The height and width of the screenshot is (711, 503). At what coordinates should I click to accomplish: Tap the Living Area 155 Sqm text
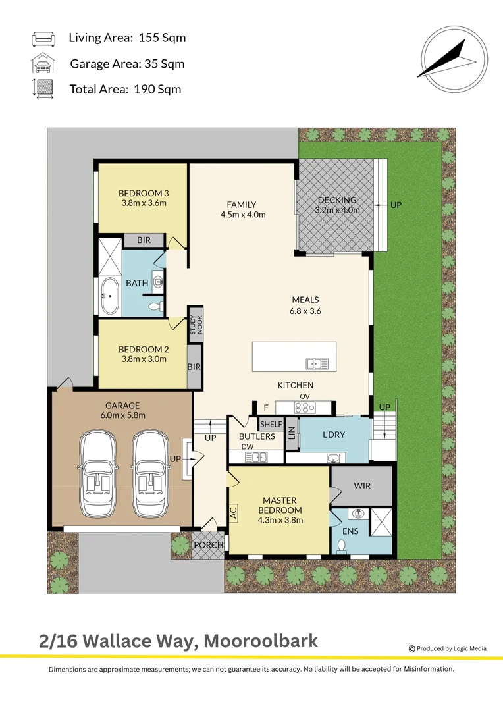127,38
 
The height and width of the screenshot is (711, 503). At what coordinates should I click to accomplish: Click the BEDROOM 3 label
144,193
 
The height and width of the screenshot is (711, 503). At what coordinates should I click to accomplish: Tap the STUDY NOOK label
196,323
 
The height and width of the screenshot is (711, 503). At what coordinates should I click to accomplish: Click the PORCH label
208,545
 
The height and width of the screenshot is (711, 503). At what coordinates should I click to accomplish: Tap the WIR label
362,486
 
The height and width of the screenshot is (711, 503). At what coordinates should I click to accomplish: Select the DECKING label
337,200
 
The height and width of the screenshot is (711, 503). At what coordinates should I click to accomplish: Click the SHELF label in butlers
271,424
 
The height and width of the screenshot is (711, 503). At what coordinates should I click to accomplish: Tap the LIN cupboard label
292,433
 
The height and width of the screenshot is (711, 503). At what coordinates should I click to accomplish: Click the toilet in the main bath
153,306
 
